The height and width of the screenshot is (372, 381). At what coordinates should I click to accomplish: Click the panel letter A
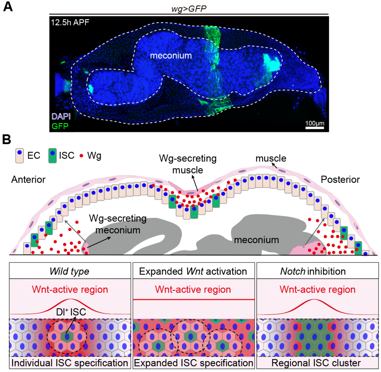(8, 7)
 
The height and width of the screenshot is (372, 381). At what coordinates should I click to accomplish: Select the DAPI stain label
(61, 116)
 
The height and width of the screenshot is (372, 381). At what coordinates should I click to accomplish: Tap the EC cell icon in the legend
(19, 155)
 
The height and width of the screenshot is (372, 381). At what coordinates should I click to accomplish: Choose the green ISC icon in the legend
(53, 155)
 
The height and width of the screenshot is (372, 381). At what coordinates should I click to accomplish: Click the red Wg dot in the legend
(82, 156)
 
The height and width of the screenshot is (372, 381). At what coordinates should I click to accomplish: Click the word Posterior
(340, 179)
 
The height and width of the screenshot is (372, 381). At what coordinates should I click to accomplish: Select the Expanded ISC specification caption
(193, 363)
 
